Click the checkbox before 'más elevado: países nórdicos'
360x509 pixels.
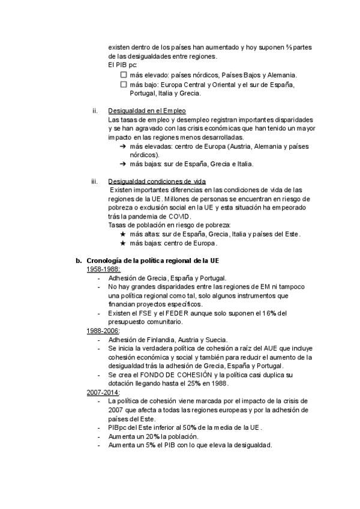(124, 75)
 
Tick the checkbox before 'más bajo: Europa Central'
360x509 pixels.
(124, 85)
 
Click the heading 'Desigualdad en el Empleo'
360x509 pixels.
(147, 111)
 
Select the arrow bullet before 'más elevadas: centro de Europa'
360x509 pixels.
(123, 146)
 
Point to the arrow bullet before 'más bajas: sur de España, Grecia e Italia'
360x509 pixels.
(123, 164)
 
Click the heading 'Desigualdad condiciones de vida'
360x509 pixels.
(157, 181)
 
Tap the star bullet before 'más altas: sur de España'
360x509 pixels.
(123, 233)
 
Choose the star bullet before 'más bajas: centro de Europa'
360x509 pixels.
(123, 243)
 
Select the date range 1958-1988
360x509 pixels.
(103, 270)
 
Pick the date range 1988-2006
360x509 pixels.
(103, 331)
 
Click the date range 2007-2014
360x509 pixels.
(103, 392)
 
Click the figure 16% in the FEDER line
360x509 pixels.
(270, 313)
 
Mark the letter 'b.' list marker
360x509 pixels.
(78, 261)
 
